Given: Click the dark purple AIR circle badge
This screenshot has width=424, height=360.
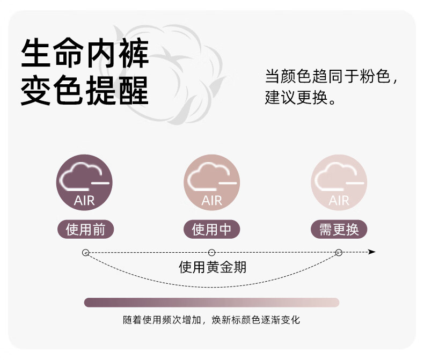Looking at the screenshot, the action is pyautogui.click(x=85, y=182).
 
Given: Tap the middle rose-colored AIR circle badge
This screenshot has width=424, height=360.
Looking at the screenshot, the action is pyautogui.click(x=211, y=182).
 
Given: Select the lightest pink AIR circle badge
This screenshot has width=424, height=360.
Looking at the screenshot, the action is pyautogui.click(x=339, y=182).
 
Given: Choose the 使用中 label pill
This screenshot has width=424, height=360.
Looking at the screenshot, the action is pyautogui.click(x=211, y=230).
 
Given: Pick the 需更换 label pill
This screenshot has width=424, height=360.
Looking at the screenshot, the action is pyautogui.click(x=339, y=230).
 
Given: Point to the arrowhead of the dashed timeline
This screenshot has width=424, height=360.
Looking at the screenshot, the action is pyautogui.click(x=372, y=252).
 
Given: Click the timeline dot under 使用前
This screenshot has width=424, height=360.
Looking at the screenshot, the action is pyautogui.click(x=85, y=252).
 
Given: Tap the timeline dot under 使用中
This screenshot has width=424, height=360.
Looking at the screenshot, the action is pyautogui.click(x=211, y=252).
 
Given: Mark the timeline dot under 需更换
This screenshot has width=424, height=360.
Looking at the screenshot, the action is pyautogui.click(x=339, y=252).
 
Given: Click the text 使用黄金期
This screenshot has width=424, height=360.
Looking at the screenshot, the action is pyautogui.click(x=213, y=267).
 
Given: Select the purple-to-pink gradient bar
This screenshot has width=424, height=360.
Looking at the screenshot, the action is pyautogui.click(x=211, y=303).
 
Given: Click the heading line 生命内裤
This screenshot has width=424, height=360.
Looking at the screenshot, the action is pyautogui.click(x=85, y=53).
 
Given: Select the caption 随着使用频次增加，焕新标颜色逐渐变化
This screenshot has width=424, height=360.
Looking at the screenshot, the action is pyautogui.click(x=211, y=320).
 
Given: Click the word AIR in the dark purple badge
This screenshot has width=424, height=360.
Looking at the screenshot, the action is pyautogui.click(x=84, y=201).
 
